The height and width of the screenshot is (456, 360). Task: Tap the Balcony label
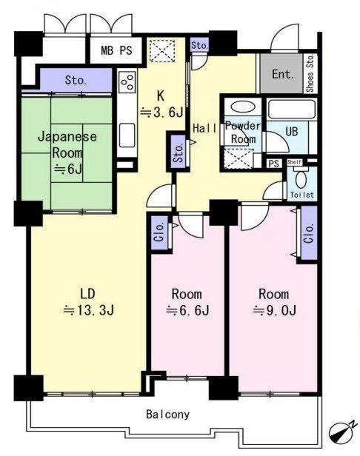tap(167, 415)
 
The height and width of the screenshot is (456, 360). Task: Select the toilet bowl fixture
tap(301, 179)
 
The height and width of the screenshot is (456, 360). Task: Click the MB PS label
tap(116, 50)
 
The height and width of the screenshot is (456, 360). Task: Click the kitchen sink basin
tap(127, 135)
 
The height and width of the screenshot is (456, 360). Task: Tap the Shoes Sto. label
tap(310, 73)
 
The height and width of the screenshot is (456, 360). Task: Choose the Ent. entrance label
tap(283, 74)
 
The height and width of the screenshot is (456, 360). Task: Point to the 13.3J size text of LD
tap(89, 311)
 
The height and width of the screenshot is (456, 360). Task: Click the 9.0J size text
tap(274, 311)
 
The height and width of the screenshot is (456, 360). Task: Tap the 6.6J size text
tap(187, 311)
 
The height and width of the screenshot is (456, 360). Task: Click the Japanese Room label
tap(67, 144)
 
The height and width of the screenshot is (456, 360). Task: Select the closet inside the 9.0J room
tap(309, 232)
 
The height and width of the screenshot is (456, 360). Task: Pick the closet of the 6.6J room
tap(160, 232)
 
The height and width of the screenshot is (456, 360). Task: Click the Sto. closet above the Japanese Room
tap(76, 80)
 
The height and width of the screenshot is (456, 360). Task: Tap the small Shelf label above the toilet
tap(295, 162)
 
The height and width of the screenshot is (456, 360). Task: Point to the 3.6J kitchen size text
tap(161, 113)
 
